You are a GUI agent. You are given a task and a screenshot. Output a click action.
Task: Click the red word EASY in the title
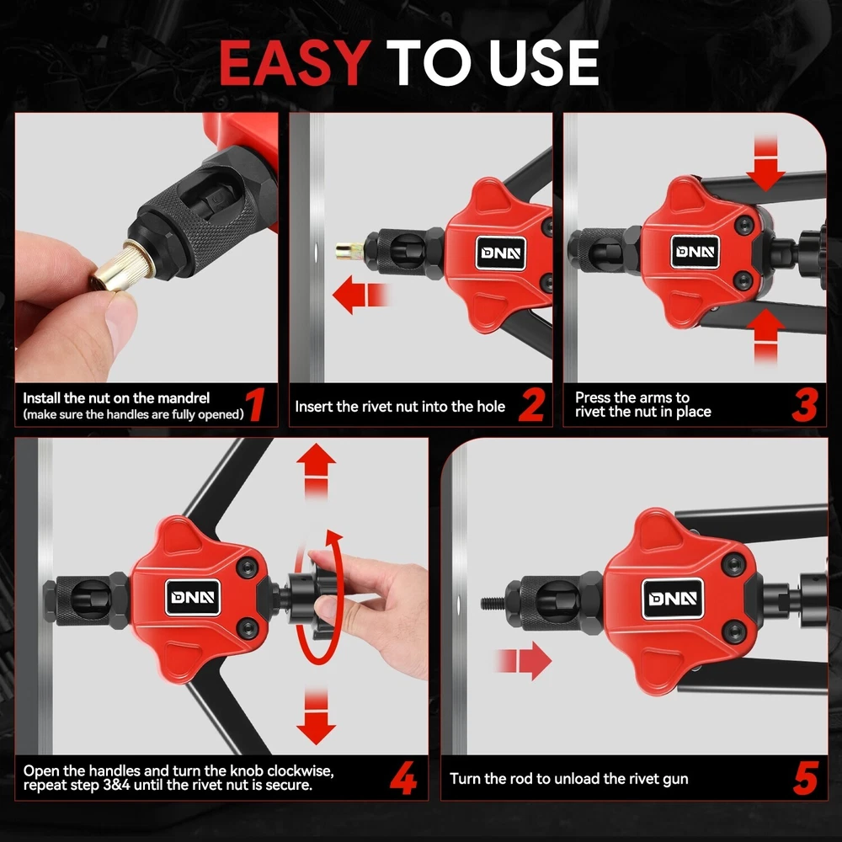pyautogui.click(x=295, y=63)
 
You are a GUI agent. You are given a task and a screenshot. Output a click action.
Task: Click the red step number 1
pyautogui.click(x=256, y=406)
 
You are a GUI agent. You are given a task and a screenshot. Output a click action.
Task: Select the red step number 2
pyautogui.click(x=532, y=406)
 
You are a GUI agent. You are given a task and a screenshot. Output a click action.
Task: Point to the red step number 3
pyautogui.click(x=805, y=406)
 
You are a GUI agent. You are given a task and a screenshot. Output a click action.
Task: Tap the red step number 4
pyautogui.click(x=403, y=778)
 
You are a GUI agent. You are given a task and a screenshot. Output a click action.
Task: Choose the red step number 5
pyautogui.click(x=806, y=778)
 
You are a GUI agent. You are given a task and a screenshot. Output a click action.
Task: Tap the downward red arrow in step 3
pyautogui.click(x=765, y=163)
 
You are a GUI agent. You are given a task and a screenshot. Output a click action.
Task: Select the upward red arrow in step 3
pyautogui.click(x=765, y=338)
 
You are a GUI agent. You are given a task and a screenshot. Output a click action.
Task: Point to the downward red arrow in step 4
pyautogui.click(x=316, y=717)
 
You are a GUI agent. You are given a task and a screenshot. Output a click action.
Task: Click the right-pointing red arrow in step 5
pyautogui.click(x=523, y=660)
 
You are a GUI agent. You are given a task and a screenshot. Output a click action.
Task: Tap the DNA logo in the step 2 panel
pyautogui.click(x=500, y=253)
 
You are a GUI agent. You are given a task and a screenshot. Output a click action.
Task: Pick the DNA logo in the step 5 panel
pyautogui.click(x=673, y=598)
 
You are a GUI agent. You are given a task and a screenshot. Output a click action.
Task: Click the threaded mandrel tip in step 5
pyautogui.click(x=493, y=604)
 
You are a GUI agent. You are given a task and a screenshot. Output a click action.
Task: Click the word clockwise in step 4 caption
pyautogui.click(x=301, y=771)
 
